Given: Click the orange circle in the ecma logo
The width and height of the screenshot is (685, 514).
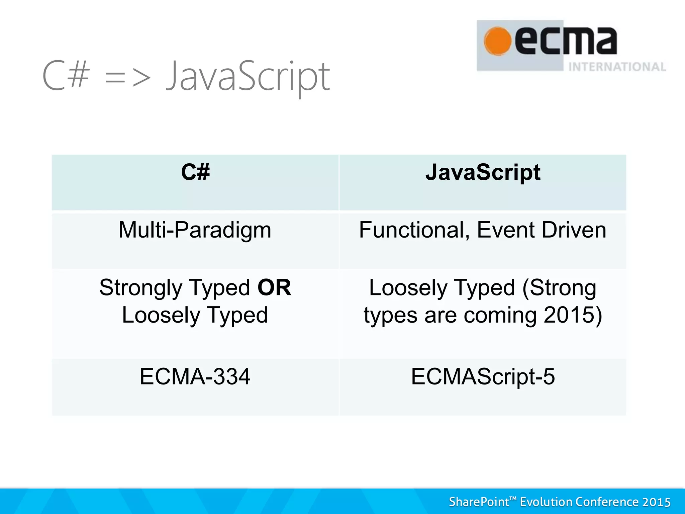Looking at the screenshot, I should coord(497,41).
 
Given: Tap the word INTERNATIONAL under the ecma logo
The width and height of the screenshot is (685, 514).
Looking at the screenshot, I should coord(617,67).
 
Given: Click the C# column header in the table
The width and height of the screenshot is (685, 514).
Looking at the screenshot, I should coord(195,172).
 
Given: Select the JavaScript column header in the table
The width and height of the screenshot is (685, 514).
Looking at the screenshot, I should coord(483,172).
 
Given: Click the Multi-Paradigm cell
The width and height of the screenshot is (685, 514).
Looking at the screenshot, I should coord(195,230).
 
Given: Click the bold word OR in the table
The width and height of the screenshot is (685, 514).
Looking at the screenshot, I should coord(274,287).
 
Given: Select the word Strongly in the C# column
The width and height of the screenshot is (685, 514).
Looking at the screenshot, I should coord(141,288).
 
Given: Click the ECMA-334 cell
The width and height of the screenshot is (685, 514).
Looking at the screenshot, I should coord(195,377).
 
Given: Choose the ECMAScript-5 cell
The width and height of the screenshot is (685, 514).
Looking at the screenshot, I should coord(483,377).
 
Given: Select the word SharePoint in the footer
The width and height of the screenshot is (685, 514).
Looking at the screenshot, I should coord(479,502).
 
